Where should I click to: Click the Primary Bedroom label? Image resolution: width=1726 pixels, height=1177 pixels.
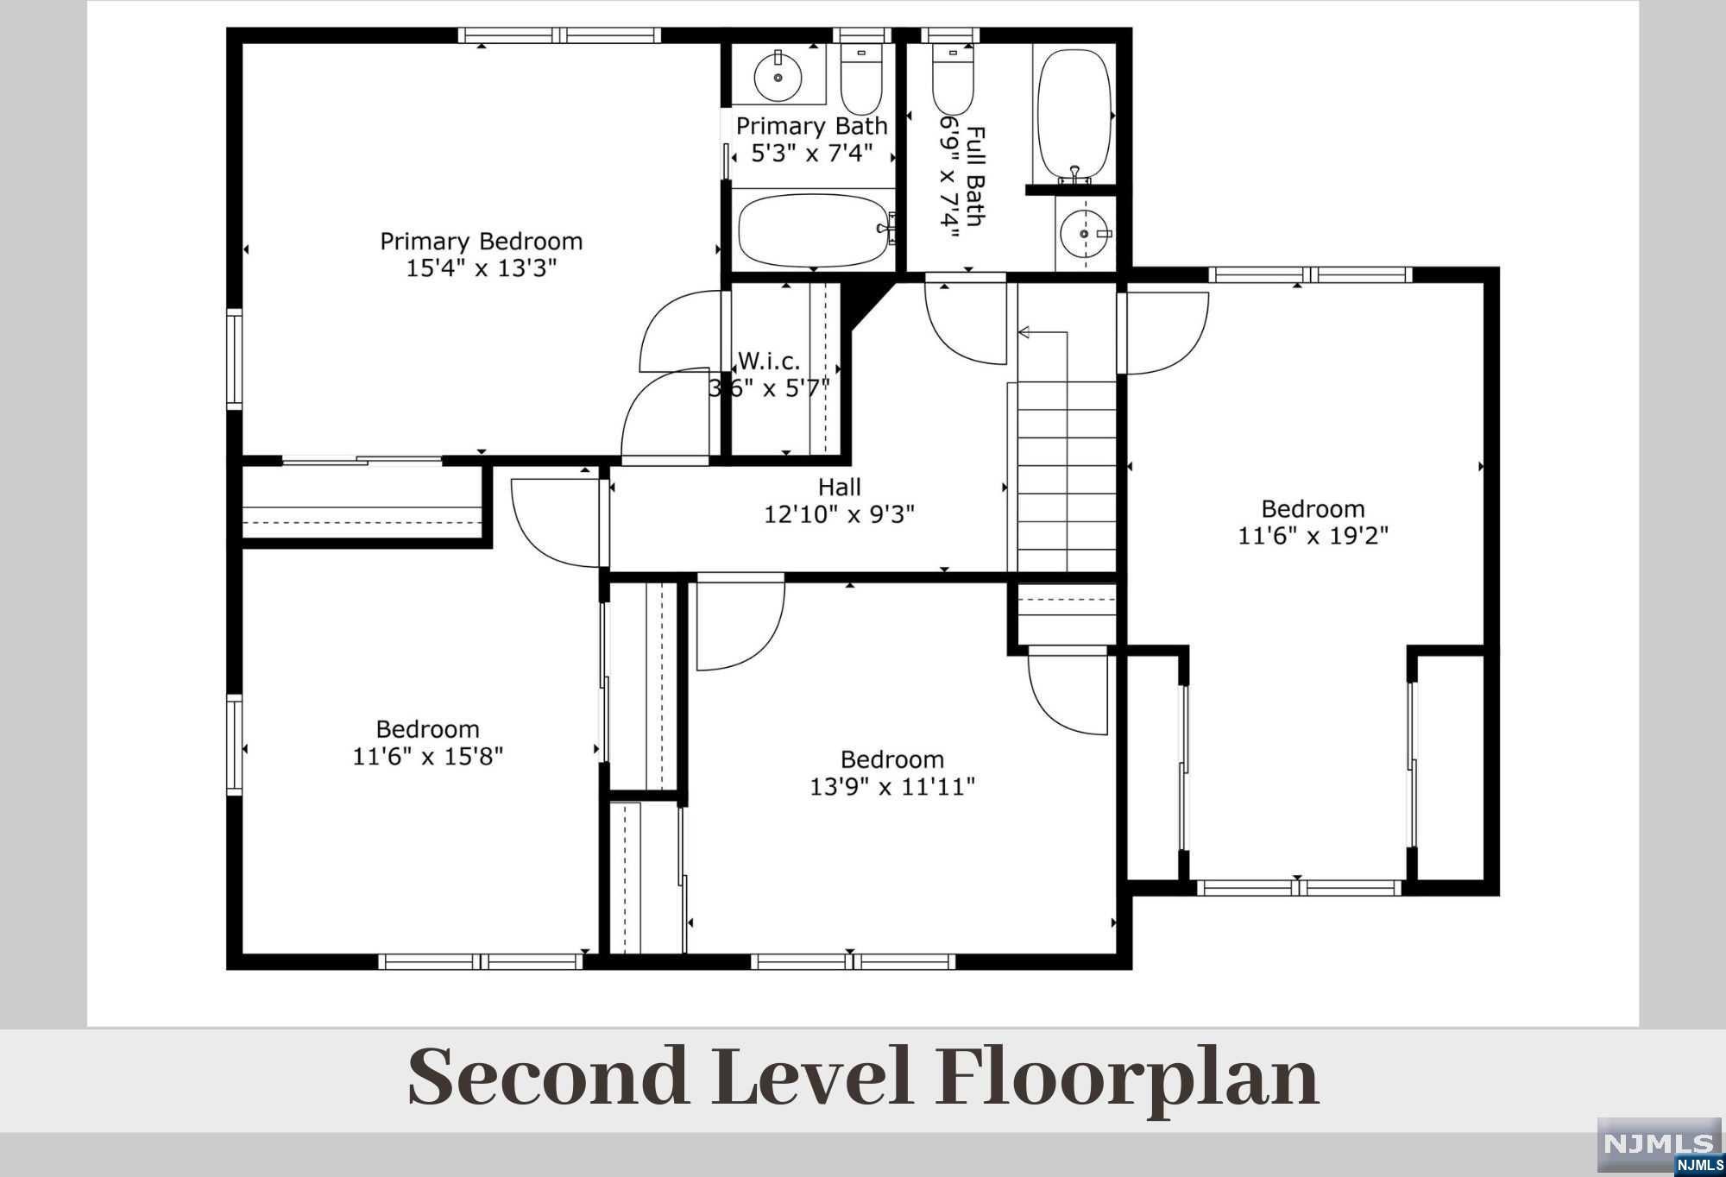tap(482, 242)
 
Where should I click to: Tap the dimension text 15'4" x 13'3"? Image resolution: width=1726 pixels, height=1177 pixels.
tap(482, 268)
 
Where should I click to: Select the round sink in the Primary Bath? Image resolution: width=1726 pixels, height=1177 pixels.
tap(778, 77)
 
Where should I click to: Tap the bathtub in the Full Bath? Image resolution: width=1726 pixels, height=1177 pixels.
tap(1074, 116)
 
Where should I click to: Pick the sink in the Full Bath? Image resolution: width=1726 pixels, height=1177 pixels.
tap(1085, 233)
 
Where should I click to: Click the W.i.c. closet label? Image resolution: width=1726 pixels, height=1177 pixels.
tap(769, 361)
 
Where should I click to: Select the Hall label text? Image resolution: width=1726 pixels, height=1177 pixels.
tap(840, 488)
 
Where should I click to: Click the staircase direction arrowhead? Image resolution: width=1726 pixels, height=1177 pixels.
tap(1024, 332)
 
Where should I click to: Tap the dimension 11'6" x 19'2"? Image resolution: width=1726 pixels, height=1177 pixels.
tap(1313, 536)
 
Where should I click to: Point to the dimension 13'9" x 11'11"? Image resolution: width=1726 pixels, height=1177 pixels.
tap(892, 787)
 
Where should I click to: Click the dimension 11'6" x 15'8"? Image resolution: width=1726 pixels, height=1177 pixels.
tap(427, 757)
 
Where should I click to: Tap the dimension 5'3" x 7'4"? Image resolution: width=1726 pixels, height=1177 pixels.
tap(812, 154)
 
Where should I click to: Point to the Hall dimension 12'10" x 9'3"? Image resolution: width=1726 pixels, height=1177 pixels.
tap(839, 515)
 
